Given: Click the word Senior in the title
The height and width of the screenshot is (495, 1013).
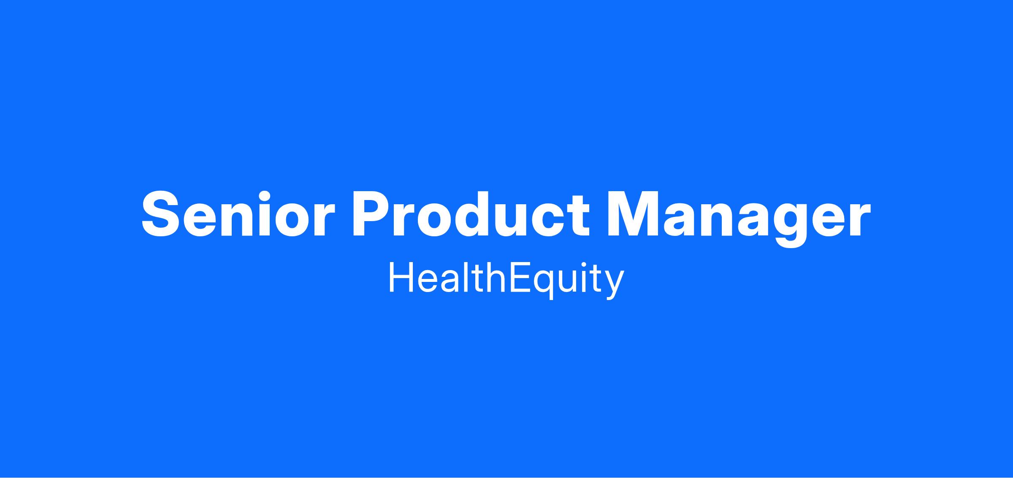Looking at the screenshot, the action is (x=238, y=214).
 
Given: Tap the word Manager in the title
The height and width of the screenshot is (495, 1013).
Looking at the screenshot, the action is (x=739, y=218).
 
